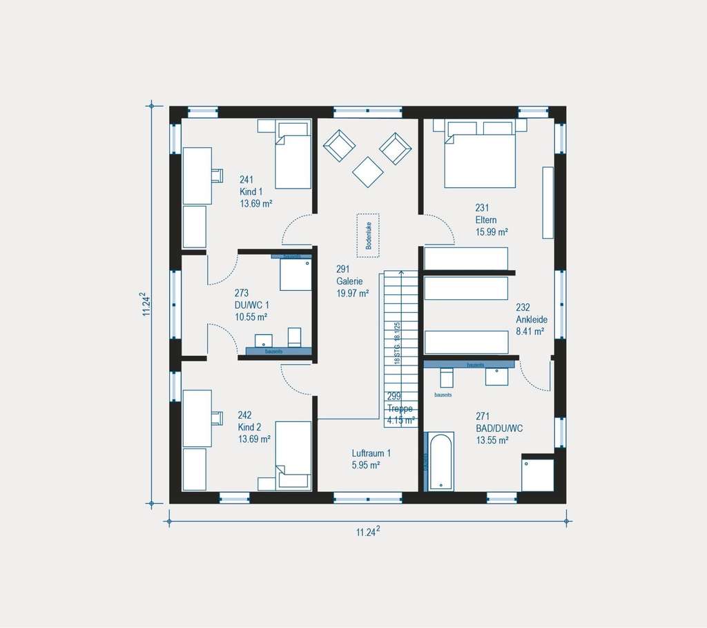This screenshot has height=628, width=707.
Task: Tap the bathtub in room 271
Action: [x=440, y=462]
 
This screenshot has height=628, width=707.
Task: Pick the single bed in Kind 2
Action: [x=293, y=452]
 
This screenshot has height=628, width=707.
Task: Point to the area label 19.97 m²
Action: [x=353, y=293]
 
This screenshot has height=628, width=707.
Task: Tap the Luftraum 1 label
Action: [x=371, y=453]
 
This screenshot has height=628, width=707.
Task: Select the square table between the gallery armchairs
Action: [x=367, y=171]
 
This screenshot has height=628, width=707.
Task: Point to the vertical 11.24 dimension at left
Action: [x=146, y=304]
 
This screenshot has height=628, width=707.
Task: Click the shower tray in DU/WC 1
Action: [x=296, y=274]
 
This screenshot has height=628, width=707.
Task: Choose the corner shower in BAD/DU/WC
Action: [x=538, y=475]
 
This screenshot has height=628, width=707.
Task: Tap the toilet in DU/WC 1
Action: [x=295, y=336]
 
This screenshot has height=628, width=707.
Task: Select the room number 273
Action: [x=242, y=293]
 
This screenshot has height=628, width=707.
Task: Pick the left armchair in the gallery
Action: [x=340, y=146]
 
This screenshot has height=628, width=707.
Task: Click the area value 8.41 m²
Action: [x=530, y=332]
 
